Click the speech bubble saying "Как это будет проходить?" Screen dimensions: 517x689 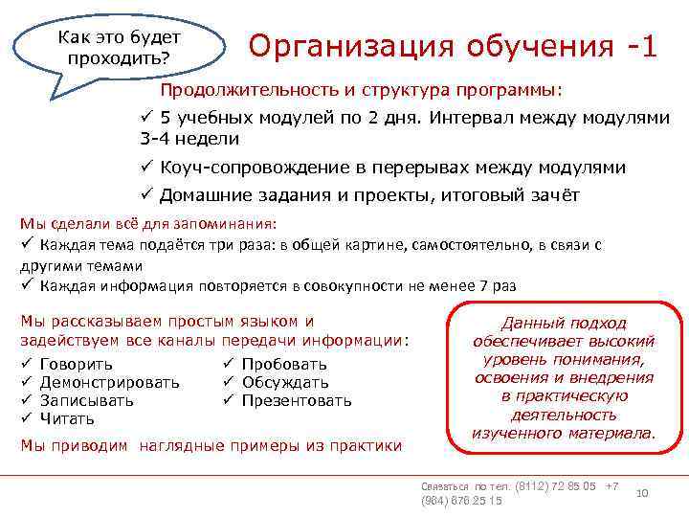(120, 46)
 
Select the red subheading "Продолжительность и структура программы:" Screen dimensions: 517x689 (362, 90)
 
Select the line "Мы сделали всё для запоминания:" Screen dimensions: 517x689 (148, 224)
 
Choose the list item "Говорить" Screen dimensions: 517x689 (77, 364)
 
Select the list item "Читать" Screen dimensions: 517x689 (68, 418)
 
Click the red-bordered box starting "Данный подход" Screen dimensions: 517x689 (564, 378)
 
